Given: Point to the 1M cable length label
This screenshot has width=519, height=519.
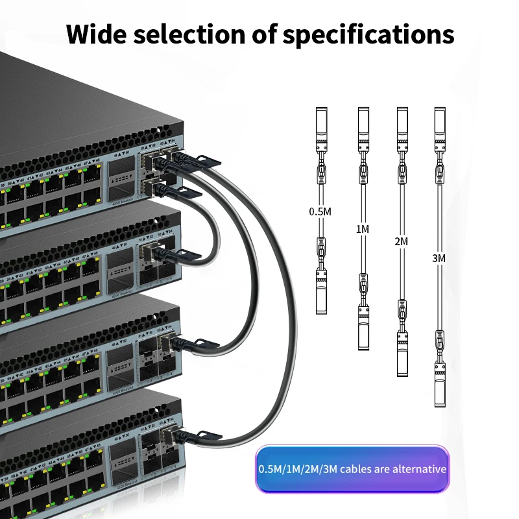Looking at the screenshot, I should (363, 228).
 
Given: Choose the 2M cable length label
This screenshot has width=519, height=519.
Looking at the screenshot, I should (402, 241).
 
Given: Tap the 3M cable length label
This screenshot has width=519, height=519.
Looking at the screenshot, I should (439, 258).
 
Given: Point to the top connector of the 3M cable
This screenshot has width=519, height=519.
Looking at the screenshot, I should (440, 127).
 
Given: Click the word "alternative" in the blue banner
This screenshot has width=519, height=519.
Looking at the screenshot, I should (415, 469).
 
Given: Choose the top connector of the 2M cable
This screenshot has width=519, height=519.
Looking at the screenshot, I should (402, 127).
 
